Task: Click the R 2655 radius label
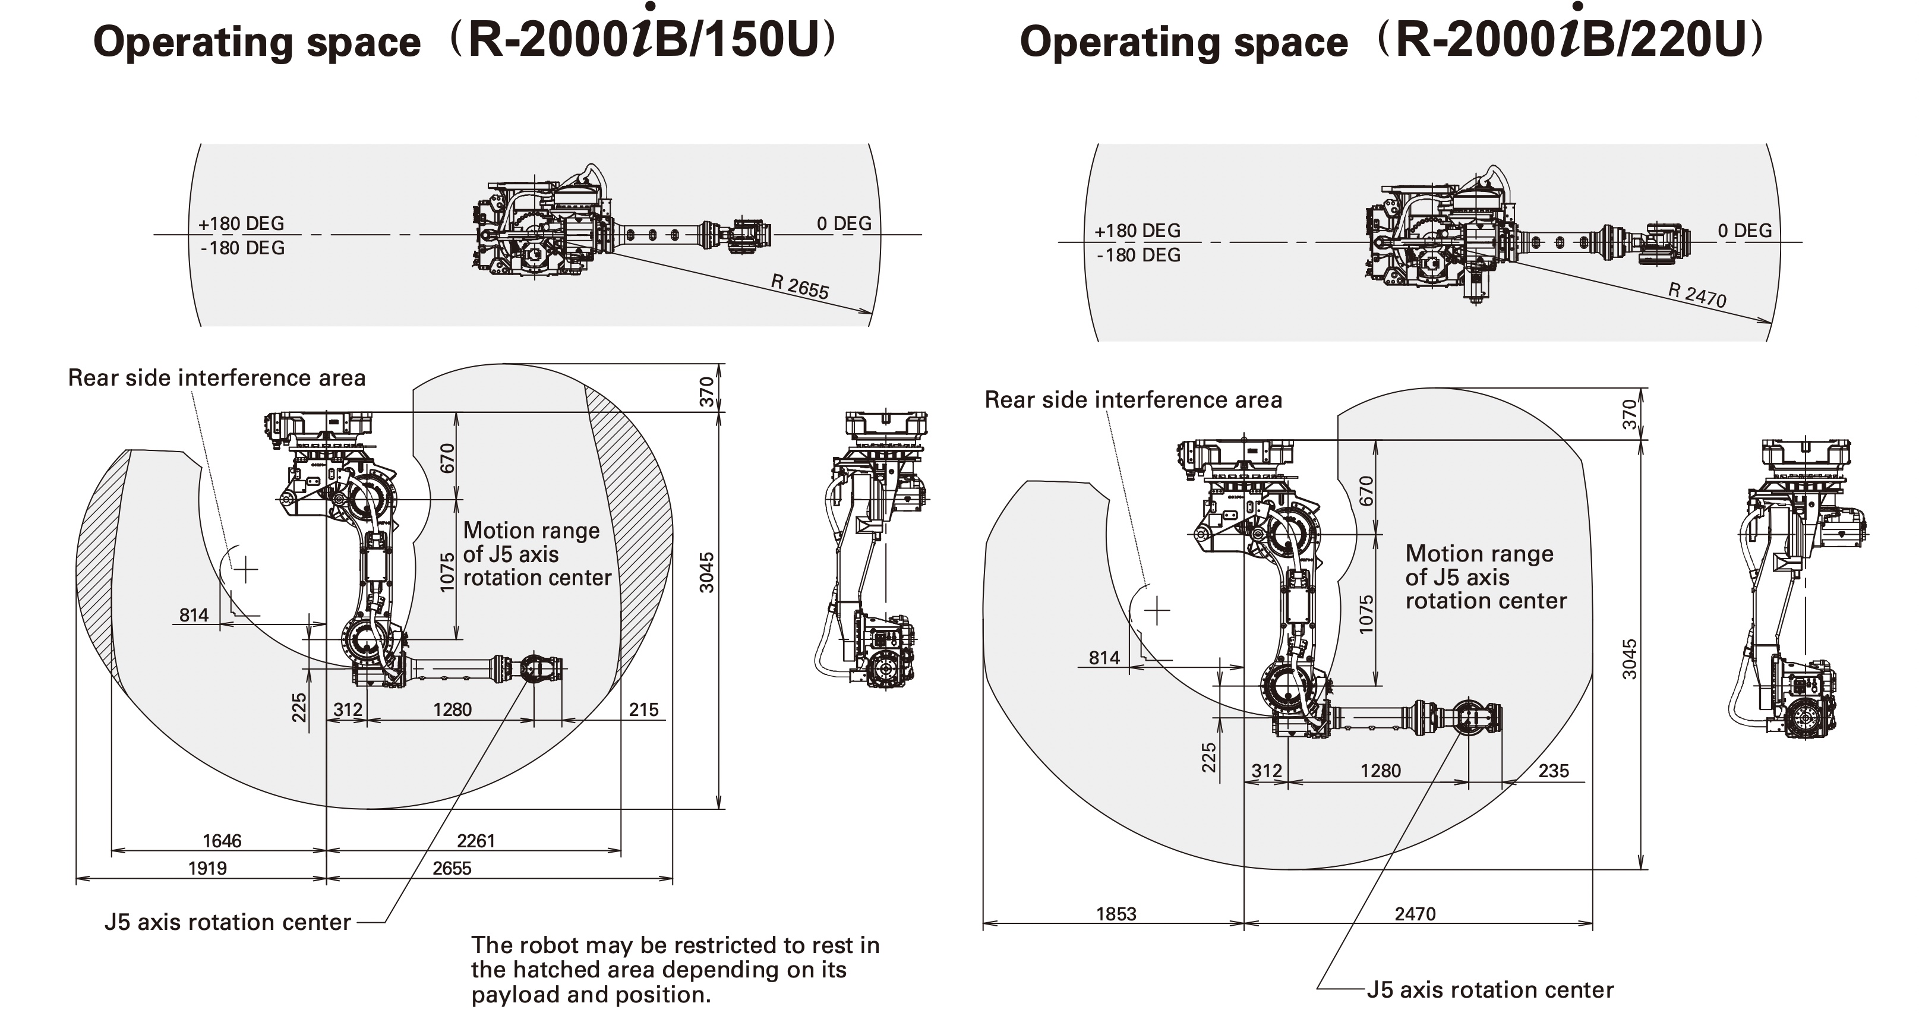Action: coord(799,286)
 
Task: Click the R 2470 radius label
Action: coord(1696,295)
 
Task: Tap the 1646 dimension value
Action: coord(222,840)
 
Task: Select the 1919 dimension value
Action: coord(207,868)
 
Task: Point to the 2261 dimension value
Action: coord(475,840)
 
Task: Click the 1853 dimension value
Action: coord(1116,913)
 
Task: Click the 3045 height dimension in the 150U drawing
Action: coord(706,572)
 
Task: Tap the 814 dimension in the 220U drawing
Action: coord(1104,657)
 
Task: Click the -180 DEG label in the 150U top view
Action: coord(242,247)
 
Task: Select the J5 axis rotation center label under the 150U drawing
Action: coord(227,922)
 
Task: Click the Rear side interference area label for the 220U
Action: coord(1133,399)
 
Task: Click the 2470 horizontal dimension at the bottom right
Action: coord(1415,913)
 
